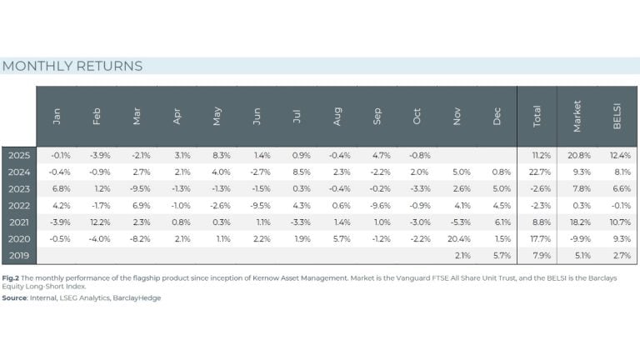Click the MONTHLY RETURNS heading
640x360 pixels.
(72, 66)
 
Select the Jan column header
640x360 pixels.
(57, 117)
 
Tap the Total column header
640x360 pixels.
(537, 117)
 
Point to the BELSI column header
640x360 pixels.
(617, 117)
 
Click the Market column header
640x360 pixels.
(577, 117)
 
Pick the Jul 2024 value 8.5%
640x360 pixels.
(299, 171)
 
